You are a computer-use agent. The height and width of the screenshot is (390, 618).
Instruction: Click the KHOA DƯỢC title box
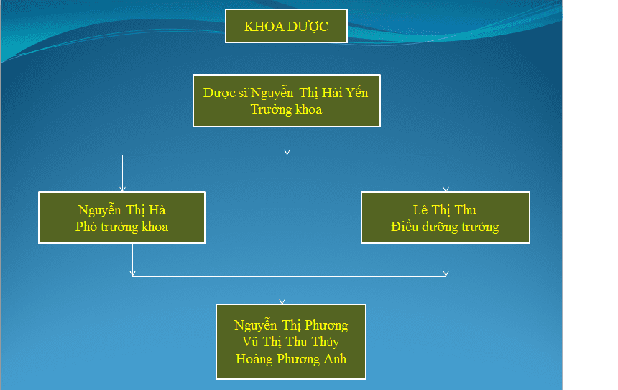(286, 26)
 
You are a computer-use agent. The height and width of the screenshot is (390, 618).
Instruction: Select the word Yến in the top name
(356, 92)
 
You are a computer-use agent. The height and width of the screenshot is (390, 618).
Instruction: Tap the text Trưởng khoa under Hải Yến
(286, 109)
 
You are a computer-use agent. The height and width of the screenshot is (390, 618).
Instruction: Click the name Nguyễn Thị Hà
(121, 209)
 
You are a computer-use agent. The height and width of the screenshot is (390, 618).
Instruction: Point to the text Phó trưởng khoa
(121, 227)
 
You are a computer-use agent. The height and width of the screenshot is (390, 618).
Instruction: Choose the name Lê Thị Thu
(445, 210)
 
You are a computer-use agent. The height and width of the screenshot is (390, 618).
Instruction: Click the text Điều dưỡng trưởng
(445, 227)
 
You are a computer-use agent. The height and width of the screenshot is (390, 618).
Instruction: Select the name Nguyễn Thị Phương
(291, 325)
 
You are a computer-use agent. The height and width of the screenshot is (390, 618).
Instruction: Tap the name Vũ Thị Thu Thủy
(291, 342)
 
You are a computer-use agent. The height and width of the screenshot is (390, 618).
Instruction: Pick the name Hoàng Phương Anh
(291, 359)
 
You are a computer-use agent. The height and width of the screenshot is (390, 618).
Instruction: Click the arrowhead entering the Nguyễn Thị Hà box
(123, 189)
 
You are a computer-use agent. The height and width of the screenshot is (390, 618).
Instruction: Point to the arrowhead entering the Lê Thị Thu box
(446, 189)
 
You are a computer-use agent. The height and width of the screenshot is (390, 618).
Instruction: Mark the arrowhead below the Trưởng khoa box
(287, 152)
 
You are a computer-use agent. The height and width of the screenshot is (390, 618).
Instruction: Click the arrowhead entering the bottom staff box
(282, 301)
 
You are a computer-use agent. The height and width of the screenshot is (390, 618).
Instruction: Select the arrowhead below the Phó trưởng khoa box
(132, 273)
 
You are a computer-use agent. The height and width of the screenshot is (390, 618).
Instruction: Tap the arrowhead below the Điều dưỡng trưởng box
(446, 273)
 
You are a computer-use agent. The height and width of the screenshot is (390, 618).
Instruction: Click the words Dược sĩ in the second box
(226, 93)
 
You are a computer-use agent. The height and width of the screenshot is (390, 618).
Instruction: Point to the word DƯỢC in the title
(308, 27)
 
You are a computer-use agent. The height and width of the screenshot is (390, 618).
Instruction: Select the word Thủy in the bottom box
(325, 342)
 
